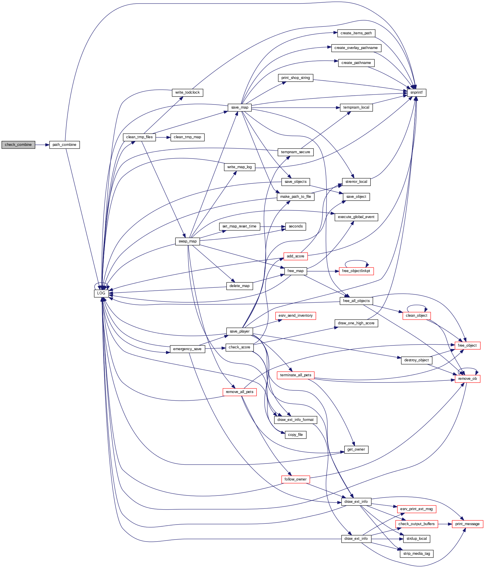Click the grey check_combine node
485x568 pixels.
pyautogui.click(x=18, y=145)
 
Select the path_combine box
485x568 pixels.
pyautogui.click(x=64, y=145)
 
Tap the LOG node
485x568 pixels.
pyautogui.click(x=101, y=293)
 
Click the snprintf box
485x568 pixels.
pyautogui.click(x=416, y=92)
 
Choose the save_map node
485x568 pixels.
pyautogui.click(x=240, y=107)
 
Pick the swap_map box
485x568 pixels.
pyautogui.click(x=187, y=241)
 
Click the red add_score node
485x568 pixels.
pyautogui.click(x=295, y=256)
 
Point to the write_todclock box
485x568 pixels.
pyautogui.click(x=187, y=92)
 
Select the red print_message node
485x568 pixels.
pyautogui.click(x=467, y=524)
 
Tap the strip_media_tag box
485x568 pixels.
pyautogui.click(x=416, y=554)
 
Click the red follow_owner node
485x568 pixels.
pyautogui.click(x=295, y=479)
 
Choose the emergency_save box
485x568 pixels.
pyautogui.click(x=187, y=349)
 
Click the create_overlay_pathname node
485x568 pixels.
pyautogui.click(x=356, y=48)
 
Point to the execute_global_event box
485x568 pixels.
pyautogui.click(x=356, y=217)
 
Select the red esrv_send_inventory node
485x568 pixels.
pyautogui.click(x=295, y=316)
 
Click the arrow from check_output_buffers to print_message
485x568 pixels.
pyautogui.click(x=445, y=524)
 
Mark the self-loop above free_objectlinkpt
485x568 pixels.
pyautogui.click(x=356, y=261)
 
